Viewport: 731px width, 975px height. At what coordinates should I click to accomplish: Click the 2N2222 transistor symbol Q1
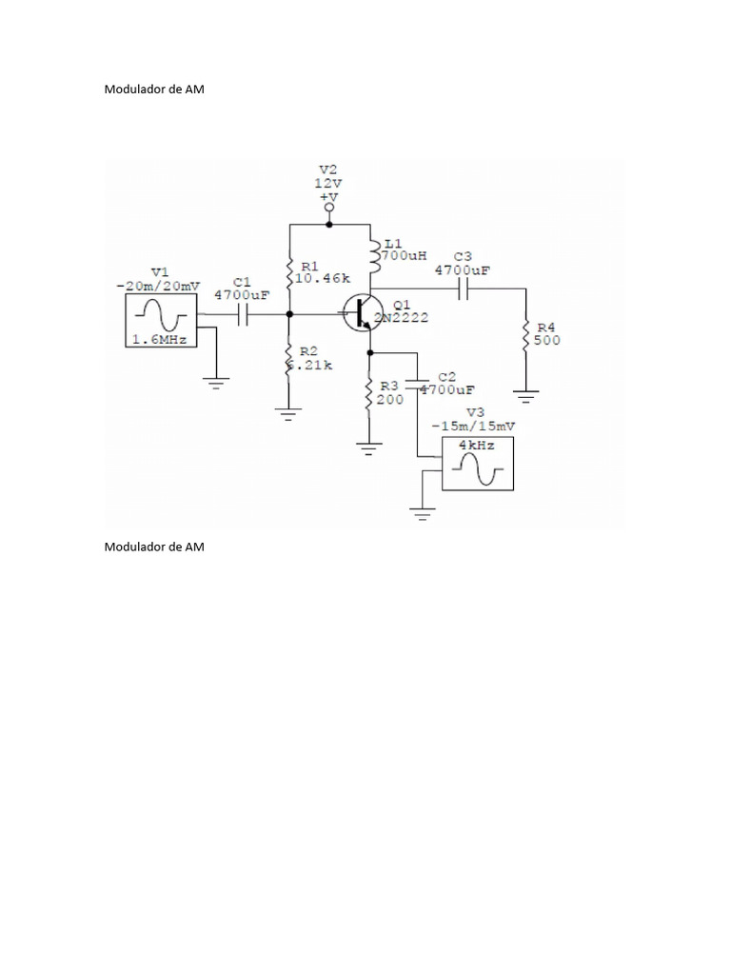361,313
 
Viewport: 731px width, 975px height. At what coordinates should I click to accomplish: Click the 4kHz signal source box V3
477,464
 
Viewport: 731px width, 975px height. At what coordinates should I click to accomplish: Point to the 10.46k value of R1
324,279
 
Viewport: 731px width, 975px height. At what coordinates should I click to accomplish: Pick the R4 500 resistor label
546,334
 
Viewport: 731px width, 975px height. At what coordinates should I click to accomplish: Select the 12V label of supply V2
328,183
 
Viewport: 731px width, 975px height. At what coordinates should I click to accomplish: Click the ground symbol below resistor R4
525,391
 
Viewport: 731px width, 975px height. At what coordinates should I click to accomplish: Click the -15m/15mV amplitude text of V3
473,425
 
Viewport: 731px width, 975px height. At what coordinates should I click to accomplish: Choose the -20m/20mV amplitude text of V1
158,286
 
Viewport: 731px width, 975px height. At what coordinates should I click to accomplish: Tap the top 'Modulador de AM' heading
154,90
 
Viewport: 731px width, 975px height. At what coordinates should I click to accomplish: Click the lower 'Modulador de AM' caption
154,547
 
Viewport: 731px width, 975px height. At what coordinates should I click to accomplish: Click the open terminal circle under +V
329,207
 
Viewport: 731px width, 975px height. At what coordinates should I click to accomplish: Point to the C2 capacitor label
447,377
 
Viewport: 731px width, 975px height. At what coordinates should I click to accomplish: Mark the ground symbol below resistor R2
288,412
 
